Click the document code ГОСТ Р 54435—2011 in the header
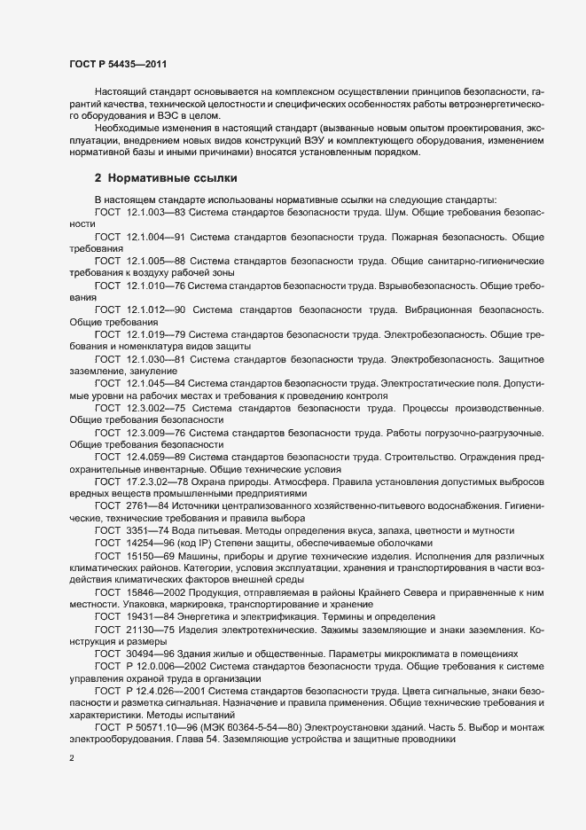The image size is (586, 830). point(116,65)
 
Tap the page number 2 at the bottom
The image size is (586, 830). point(71,760)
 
